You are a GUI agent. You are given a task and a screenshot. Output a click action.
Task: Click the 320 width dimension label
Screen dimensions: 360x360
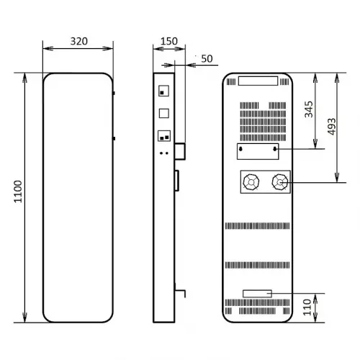tap(79, 41)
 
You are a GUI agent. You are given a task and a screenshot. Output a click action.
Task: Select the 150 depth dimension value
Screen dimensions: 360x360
tap(168, 41)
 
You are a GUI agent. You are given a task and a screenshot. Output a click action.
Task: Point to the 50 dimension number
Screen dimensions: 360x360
tap(207, 58)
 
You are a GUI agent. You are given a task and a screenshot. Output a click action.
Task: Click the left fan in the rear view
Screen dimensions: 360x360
tap(252, 183)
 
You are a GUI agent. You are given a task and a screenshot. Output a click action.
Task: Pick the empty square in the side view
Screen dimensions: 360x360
tap(163, 113)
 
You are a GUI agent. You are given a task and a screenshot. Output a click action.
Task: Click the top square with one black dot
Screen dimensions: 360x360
tap(163, 91)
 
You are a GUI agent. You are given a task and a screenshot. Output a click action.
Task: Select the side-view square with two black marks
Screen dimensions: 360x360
tap(163, 135)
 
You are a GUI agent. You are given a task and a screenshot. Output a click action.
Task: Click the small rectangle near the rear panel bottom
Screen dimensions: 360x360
tap(256, 294)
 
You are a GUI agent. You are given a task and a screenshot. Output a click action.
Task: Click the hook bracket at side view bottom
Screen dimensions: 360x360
tap(181, 294)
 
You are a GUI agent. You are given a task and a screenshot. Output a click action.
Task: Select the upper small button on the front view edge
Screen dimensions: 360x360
tap(114, 93)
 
